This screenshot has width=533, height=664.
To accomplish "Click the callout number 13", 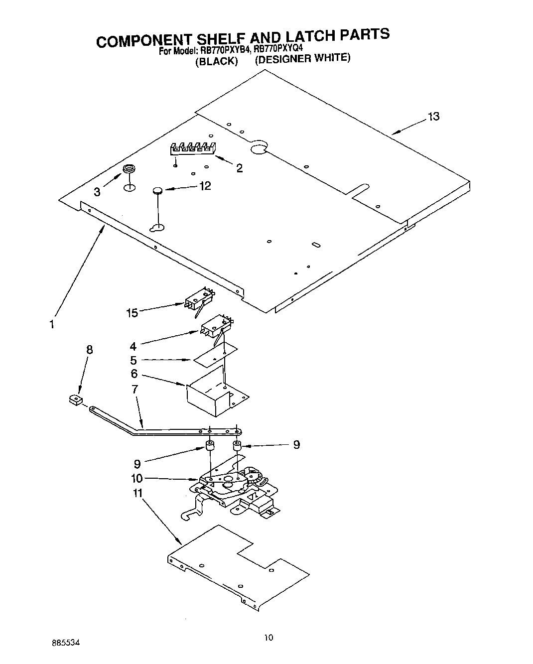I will (x=433, y=116).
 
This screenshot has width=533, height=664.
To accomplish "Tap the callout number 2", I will (x=240, y=168).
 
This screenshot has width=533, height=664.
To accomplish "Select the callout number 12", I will (x=205, y=186).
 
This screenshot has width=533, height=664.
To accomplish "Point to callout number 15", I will (x=132, y=312).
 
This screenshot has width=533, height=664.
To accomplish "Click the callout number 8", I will (x=90, y=350).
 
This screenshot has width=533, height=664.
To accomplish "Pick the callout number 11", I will (x=137, y=493).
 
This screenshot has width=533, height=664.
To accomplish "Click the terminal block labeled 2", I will (x=192, y=148).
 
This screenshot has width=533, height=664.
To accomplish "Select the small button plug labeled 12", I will (x=157, y=190).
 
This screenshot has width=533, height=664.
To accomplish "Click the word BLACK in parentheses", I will (x=216, y=61).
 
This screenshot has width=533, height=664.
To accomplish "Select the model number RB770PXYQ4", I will (x=278, y=49).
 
